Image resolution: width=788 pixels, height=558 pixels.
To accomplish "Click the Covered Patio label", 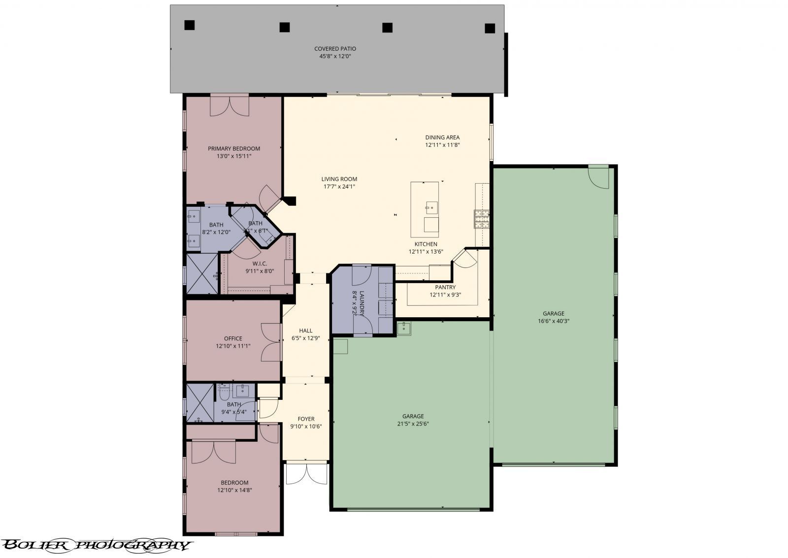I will [335, 49].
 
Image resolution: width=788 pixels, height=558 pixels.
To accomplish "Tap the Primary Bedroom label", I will [233, 149].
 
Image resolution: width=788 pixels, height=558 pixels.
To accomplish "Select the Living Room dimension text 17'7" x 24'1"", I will [339, 187].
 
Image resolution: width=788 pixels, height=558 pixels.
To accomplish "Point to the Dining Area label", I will [442, 137].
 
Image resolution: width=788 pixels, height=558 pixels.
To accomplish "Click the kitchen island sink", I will [431, 207].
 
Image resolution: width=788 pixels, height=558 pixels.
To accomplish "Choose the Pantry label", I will [445, 287].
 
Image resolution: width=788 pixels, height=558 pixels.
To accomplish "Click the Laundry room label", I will [361, 301].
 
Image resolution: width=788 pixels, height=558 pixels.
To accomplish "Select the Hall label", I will [305, 331].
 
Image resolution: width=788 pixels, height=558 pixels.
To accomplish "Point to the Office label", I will [233, 338].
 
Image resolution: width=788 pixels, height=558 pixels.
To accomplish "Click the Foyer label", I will [306, 419].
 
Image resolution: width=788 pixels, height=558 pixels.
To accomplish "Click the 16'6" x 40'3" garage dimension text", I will [554, 321].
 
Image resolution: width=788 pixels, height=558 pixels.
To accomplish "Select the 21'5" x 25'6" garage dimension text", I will [413, 424].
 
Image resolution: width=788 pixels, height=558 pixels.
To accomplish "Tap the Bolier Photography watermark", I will [96, 545].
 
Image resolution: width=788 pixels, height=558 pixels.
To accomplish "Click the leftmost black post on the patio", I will [190, 25].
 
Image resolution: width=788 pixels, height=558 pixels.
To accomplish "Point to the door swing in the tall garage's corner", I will [599, 177].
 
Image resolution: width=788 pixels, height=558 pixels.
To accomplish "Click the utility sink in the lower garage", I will [404, 328].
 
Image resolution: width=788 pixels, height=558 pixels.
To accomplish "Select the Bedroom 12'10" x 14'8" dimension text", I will [234, 490].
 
